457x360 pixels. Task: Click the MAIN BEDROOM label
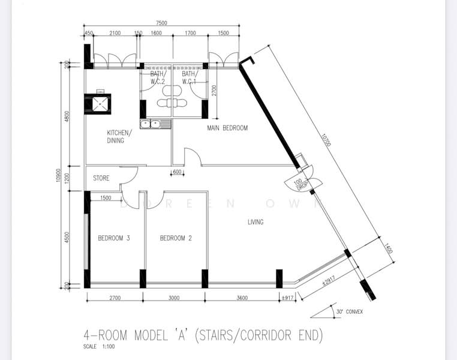point(227,128)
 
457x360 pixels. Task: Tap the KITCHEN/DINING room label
point(115,137)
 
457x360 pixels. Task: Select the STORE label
point(101,178)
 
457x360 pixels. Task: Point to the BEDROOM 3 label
point(113,238)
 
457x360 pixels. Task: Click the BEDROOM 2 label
point(176,238)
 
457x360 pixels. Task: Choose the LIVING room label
point(255,222)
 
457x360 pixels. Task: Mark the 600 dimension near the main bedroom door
point(177,172)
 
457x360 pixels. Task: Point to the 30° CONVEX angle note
point(350,311)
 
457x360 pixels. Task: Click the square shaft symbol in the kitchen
point(99,103)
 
